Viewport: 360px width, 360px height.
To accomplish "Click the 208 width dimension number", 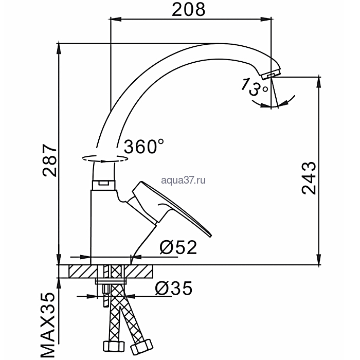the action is [x=189, y=10].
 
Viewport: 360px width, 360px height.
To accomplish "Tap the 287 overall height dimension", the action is [x=49, y=160].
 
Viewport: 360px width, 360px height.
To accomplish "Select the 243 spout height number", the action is [x=309, y=178].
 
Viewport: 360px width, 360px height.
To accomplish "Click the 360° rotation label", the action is [x=144, y=146].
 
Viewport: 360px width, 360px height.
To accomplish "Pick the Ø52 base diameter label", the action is [x=178, y=247].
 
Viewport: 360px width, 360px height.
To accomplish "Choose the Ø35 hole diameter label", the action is [x=174, y=288].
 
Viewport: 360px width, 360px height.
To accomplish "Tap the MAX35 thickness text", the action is [x=48, y=325].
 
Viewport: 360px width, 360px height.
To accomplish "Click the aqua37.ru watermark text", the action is [x=183, y=180].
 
